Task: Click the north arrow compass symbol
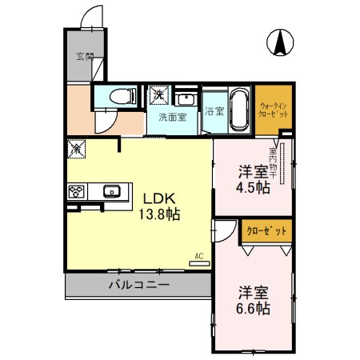click(x=281, y=42)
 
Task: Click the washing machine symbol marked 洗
click(x=158, y=94)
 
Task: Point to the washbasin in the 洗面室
click(x=186, y=98)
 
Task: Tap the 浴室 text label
click(x=214, y=110)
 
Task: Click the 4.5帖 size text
click(x=252, y=188)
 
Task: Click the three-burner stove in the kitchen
click(x=78, y=191)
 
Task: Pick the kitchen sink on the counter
click(x=111, y=191)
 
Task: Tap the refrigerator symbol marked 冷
click(x=77, y=148)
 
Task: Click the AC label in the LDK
click(x=198, y=257)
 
